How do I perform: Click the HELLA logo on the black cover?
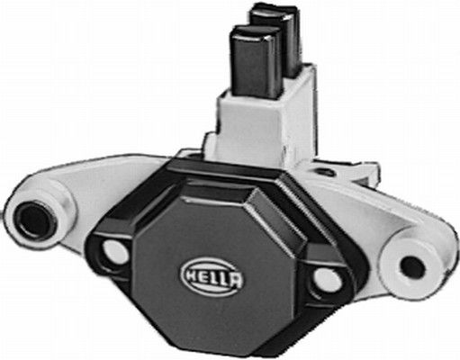click(x=212, y=271)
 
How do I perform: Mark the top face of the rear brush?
click(x=271, y=13)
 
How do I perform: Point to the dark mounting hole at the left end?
click(x=35, y=218)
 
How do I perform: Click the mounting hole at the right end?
click(x=411, y=266)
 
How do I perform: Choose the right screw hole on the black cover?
click(x=329, y=278)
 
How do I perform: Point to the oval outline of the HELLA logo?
click(x=212, y=261)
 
